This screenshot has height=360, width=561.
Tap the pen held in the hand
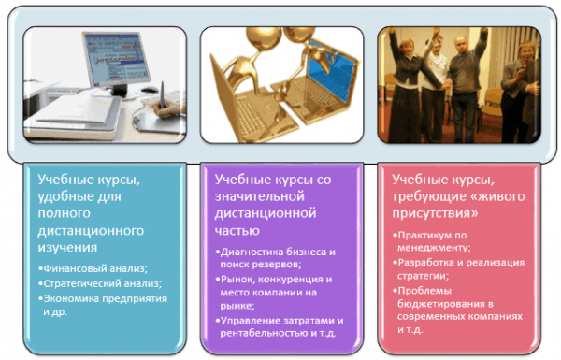162,94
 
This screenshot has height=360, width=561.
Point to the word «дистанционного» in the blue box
91,231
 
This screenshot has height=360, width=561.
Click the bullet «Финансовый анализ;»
94,268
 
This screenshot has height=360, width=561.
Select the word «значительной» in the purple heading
260,196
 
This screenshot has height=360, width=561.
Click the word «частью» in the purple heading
237,231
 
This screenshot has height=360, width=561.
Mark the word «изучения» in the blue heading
67,248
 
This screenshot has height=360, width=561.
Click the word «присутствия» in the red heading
435,213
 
